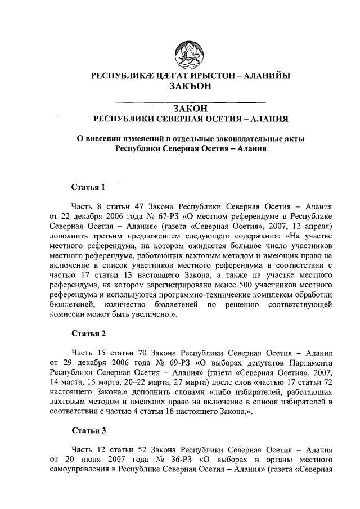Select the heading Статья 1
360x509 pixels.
coord(89,187)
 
